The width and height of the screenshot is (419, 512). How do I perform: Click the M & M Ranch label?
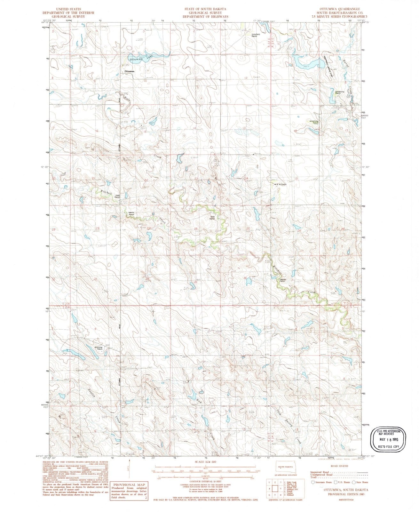pyautogui.click(x=280, y=185)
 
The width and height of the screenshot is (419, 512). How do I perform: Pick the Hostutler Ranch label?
pyautogui.click(x=98, y=348)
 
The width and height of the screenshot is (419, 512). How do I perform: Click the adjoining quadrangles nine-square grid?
pyautogui.click(x=274, y=490)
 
